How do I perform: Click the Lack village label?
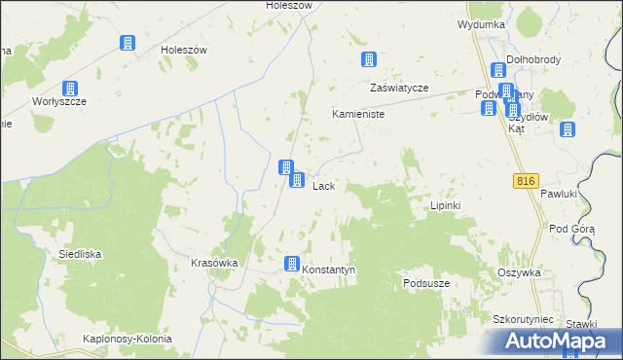pos(324,186)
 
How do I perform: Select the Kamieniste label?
pos(359,114)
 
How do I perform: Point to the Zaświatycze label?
pos(399,88)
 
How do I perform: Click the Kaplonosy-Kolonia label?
pos(128,339)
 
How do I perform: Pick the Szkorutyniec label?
pos(523,319)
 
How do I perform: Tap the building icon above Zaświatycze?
pos(369,60)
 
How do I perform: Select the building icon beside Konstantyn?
pos(291,264)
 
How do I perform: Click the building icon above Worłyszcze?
pos(70,89)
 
